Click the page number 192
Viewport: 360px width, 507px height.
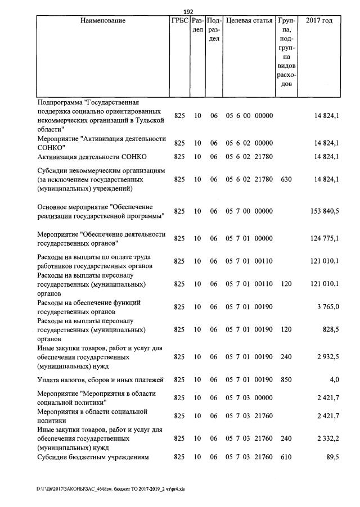(188, 11)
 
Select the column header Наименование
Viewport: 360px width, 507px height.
(103, 21)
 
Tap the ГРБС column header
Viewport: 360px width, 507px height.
(179, 21)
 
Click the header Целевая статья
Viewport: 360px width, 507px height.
(249, 21)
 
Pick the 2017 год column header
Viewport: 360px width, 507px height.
(319, 21)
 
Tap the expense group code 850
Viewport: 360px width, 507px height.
(286, 379)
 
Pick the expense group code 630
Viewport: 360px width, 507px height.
(286, 179)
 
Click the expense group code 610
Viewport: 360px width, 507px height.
(286, 458)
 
